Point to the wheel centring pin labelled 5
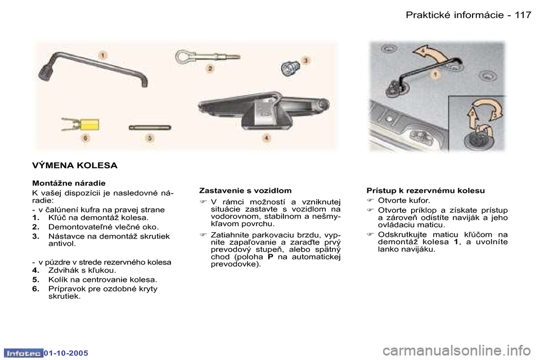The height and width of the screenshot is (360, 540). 149,127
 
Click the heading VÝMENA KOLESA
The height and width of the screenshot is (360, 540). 74,165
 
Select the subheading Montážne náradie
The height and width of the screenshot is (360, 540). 69,183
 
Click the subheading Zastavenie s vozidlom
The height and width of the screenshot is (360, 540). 245,191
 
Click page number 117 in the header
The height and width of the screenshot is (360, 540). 523,15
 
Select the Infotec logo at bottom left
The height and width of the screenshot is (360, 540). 22,353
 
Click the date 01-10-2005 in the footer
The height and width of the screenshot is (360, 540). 66,353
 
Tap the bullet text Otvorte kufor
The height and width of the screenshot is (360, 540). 404,200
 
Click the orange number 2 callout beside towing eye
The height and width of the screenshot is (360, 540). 210,69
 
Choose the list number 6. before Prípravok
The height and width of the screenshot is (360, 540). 35,289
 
